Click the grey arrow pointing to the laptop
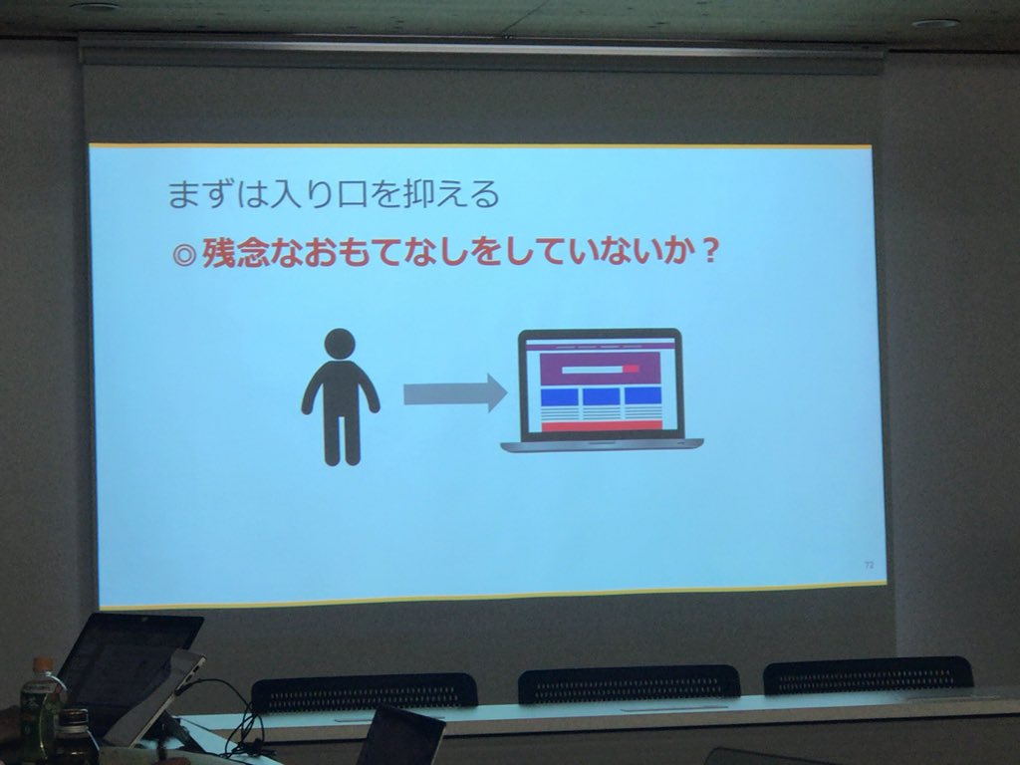454,393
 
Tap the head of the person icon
341,344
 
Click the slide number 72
869,565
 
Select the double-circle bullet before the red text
184,254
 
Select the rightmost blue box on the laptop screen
642,395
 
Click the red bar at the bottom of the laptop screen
602,426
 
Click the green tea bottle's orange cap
43,664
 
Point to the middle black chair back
629,683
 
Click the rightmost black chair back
868,676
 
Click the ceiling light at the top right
935,24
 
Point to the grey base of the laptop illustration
602,445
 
